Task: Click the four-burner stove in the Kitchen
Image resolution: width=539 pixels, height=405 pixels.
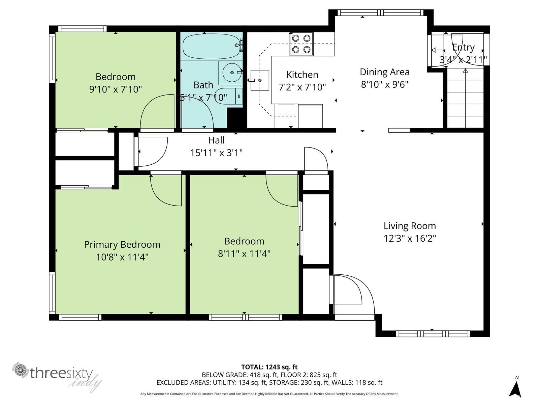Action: point(301,44)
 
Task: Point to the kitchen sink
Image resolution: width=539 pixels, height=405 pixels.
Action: point(260,80)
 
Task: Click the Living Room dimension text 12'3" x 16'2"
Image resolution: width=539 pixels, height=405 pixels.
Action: point(410,239)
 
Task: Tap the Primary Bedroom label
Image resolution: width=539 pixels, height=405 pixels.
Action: point(122,244)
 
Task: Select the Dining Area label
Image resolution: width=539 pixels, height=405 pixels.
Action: point(384,72)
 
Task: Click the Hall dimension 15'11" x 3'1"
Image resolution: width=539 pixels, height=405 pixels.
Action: point(216,153)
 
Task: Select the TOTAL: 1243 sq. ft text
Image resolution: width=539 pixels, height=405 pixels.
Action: point(269,367)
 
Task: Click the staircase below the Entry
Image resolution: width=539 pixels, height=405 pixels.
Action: point(465,98)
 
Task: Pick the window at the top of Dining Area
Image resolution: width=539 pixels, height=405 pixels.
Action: point(381,13)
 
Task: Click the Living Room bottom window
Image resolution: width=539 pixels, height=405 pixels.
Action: point(433,334)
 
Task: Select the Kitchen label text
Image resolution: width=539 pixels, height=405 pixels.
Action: point(302,75)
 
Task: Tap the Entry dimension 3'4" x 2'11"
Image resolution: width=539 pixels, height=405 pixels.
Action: point(463,60)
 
